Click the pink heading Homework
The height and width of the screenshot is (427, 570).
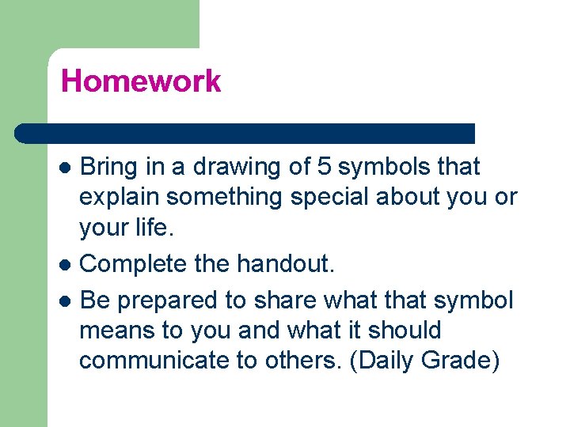pyautogui.click(x=141, y=81)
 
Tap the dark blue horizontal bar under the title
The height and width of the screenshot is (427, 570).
pyautogui.click(x=245, y=133)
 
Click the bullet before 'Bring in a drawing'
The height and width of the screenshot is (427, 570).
pyautogui.click(x=67, y=168)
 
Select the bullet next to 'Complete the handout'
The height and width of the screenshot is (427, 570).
pyautogui.click(x=67, y=264)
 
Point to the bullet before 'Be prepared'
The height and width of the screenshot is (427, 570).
pyautogui.click(x=67, y=301)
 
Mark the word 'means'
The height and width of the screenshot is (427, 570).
pyautogui.click(x=116, y=331)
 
